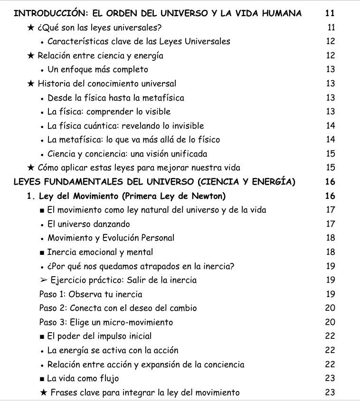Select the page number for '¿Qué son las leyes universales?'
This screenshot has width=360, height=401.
point(331,28)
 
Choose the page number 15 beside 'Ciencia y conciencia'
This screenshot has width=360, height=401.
point(331,154)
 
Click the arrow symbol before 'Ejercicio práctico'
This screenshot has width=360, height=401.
point(44,280)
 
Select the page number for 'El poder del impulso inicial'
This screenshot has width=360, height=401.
point(331,336)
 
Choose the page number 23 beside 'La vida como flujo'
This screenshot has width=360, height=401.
point(331,378)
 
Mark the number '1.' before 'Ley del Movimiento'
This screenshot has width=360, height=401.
point(32,196)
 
